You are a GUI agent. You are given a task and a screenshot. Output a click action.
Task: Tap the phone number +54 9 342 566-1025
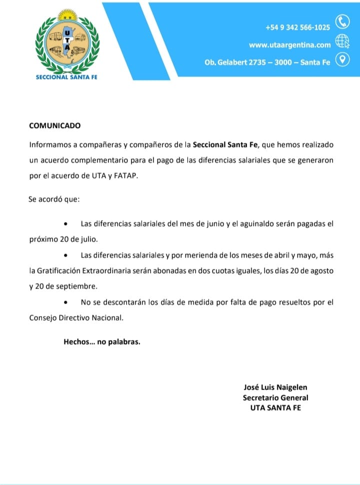297,27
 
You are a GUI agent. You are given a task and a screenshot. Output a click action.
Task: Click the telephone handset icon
342,21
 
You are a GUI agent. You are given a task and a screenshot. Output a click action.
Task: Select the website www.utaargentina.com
290,45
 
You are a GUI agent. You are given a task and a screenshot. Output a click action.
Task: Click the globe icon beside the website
342,41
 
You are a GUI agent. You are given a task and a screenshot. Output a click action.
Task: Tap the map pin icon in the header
342,60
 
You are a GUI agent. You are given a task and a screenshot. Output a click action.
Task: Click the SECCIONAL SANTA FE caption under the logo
67,77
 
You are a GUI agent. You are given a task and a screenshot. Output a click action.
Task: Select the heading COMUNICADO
54,125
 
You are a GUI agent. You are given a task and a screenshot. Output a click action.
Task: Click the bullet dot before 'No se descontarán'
66,303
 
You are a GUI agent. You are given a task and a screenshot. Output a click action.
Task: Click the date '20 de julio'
77,239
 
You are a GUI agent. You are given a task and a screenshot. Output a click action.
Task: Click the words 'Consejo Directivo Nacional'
76,317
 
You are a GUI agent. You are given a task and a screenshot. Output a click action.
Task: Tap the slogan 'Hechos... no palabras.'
102,342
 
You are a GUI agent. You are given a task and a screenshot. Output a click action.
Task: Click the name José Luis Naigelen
275,387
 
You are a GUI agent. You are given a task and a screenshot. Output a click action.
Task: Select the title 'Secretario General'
275,397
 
